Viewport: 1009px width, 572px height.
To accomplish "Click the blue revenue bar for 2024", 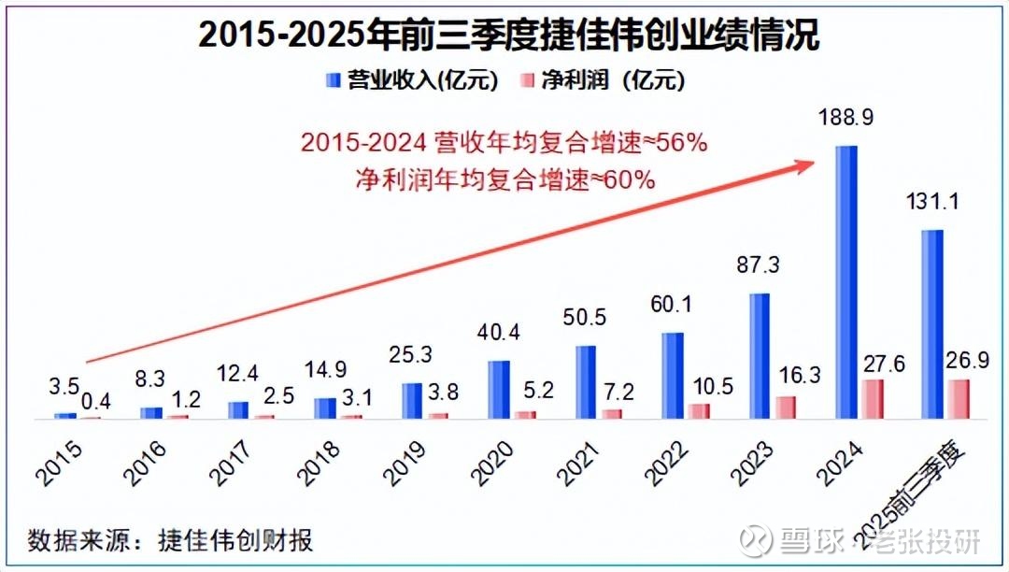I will pyautogui.click(x=846, y=282).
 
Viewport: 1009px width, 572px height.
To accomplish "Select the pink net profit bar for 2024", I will pyautogui.click(x=871, y=399).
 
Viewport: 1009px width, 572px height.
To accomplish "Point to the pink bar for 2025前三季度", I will pyautogui.click(x=958, y=399).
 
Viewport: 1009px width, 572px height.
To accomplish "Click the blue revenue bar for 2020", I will pyautogui.click(x=499, y=390).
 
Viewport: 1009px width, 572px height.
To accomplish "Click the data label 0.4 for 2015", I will pyautogui.click(x=98, y=401).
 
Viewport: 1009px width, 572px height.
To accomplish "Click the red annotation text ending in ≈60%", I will pyautogui.click(x=504, y=179).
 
